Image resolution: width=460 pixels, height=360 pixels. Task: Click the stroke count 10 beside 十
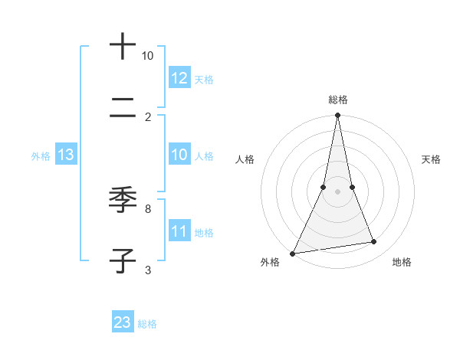(x=147, y=56)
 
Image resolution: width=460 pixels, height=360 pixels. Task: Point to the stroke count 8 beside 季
(x=147, y=208)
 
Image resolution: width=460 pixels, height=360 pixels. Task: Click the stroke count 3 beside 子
(x=147, y=270)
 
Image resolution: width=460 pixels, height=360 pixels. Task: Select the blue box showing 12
(x=179, y=78)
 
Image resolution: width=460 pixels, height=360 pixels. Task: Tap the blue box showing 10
(x=179, y=155)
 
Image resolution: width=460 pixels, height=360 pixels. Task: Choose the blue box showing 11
(x=179, y=231)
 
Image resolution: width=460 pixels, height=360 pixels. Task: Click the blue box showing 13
(x=66, y=155)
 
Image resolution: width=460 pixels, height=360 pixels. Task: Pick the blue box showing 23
(x=122, y=322)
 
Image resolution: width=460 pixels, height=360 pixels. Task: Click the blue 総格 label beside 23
(x=147, y=324)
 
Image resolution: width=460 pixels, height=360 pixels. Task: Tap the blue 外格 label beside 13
(x=41, y=156)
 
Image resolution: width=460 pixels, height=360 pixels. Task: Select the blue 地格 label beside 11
(x=204, y=233)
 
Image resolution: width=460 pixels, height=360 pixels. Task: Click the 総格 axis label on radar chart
(x=337, y=100)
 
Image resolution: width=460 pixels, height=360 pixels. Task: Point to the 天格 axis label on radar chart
(x=431, y=159)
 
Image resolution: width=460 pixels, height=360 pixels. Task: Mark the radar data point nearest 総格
(x=337, y=115)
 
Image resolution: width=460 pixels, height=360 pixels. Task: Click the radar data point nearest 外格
(x=292, y=254)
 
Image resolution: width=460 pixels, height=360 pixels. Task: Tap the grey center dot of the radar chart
(x=337, y=191)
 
